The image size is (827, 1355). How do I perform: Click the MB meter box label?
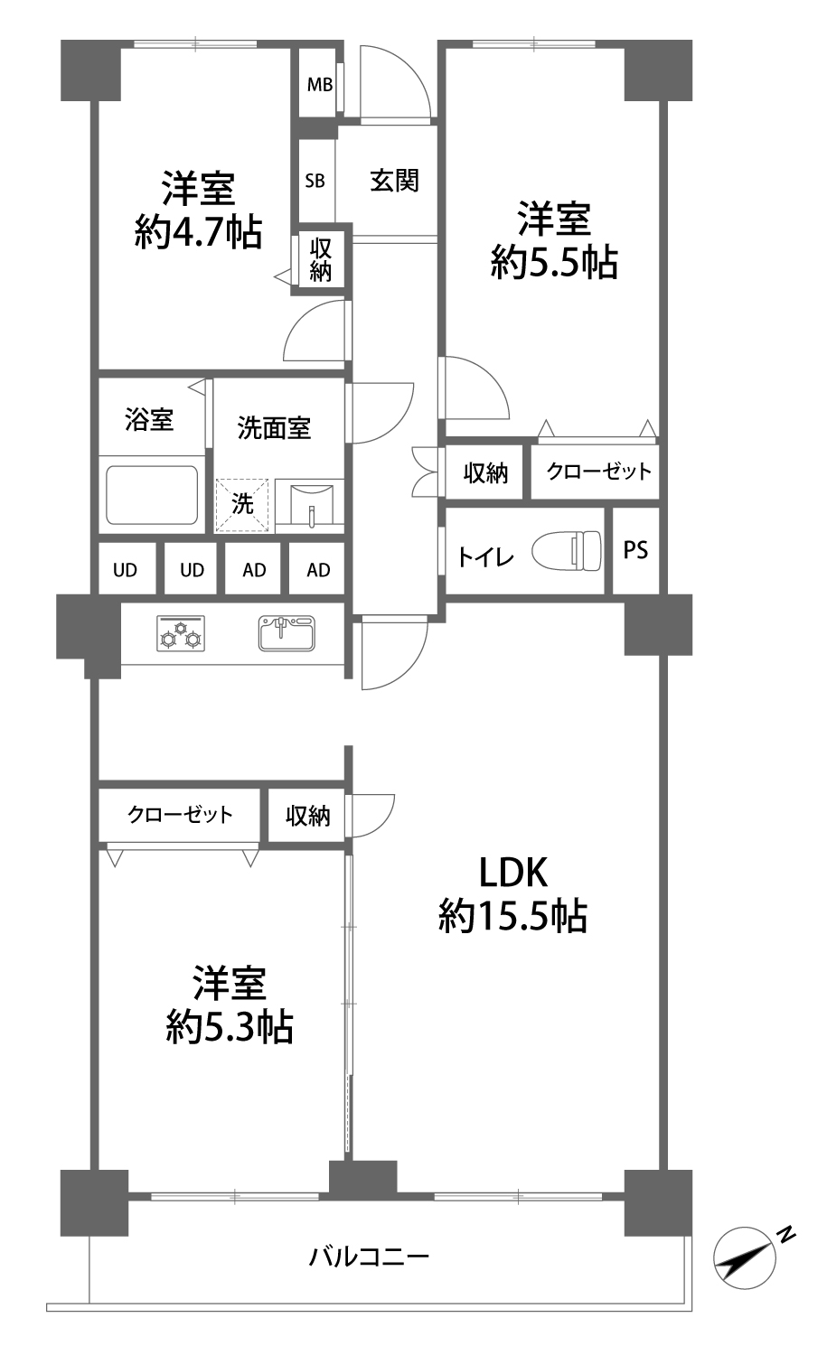(320, 85)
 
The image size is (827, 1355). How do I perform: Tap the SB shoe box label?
(315, 181)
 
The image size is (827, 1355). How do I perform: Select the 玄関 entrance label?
(394, 181)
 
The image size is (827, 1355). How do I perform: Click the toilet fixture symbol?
(567, 550)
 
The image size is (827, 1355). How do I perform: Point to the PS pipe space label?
(635, 550)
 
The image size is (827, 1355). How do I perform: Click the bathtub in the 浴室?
(152, 495)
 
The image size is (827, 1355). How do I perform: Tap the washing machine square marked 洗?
(242, 506)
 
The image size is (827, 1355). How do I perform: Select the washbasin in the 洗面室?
(310, 503)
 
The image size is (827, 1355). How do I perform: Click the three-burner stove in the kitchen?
(181, 632)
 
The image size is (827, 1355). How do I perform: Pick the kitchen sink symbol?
(287, 632)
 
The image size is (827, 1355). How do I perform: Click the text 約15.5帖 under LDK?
(512, 916)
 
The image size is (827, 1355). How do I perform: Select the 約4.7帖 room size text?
(198, 231)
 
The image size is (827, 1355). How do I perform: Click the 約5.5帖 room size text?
(554, 263)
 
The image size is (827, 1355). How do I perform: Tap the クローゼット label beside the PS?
(598, 472)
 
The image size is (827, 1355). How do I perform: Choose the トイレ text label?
(485, 557)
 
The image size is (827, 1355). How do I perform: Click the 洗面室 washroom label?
(274, 427)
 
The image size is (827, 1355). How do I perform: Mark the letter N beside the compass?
(786, 1234)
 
